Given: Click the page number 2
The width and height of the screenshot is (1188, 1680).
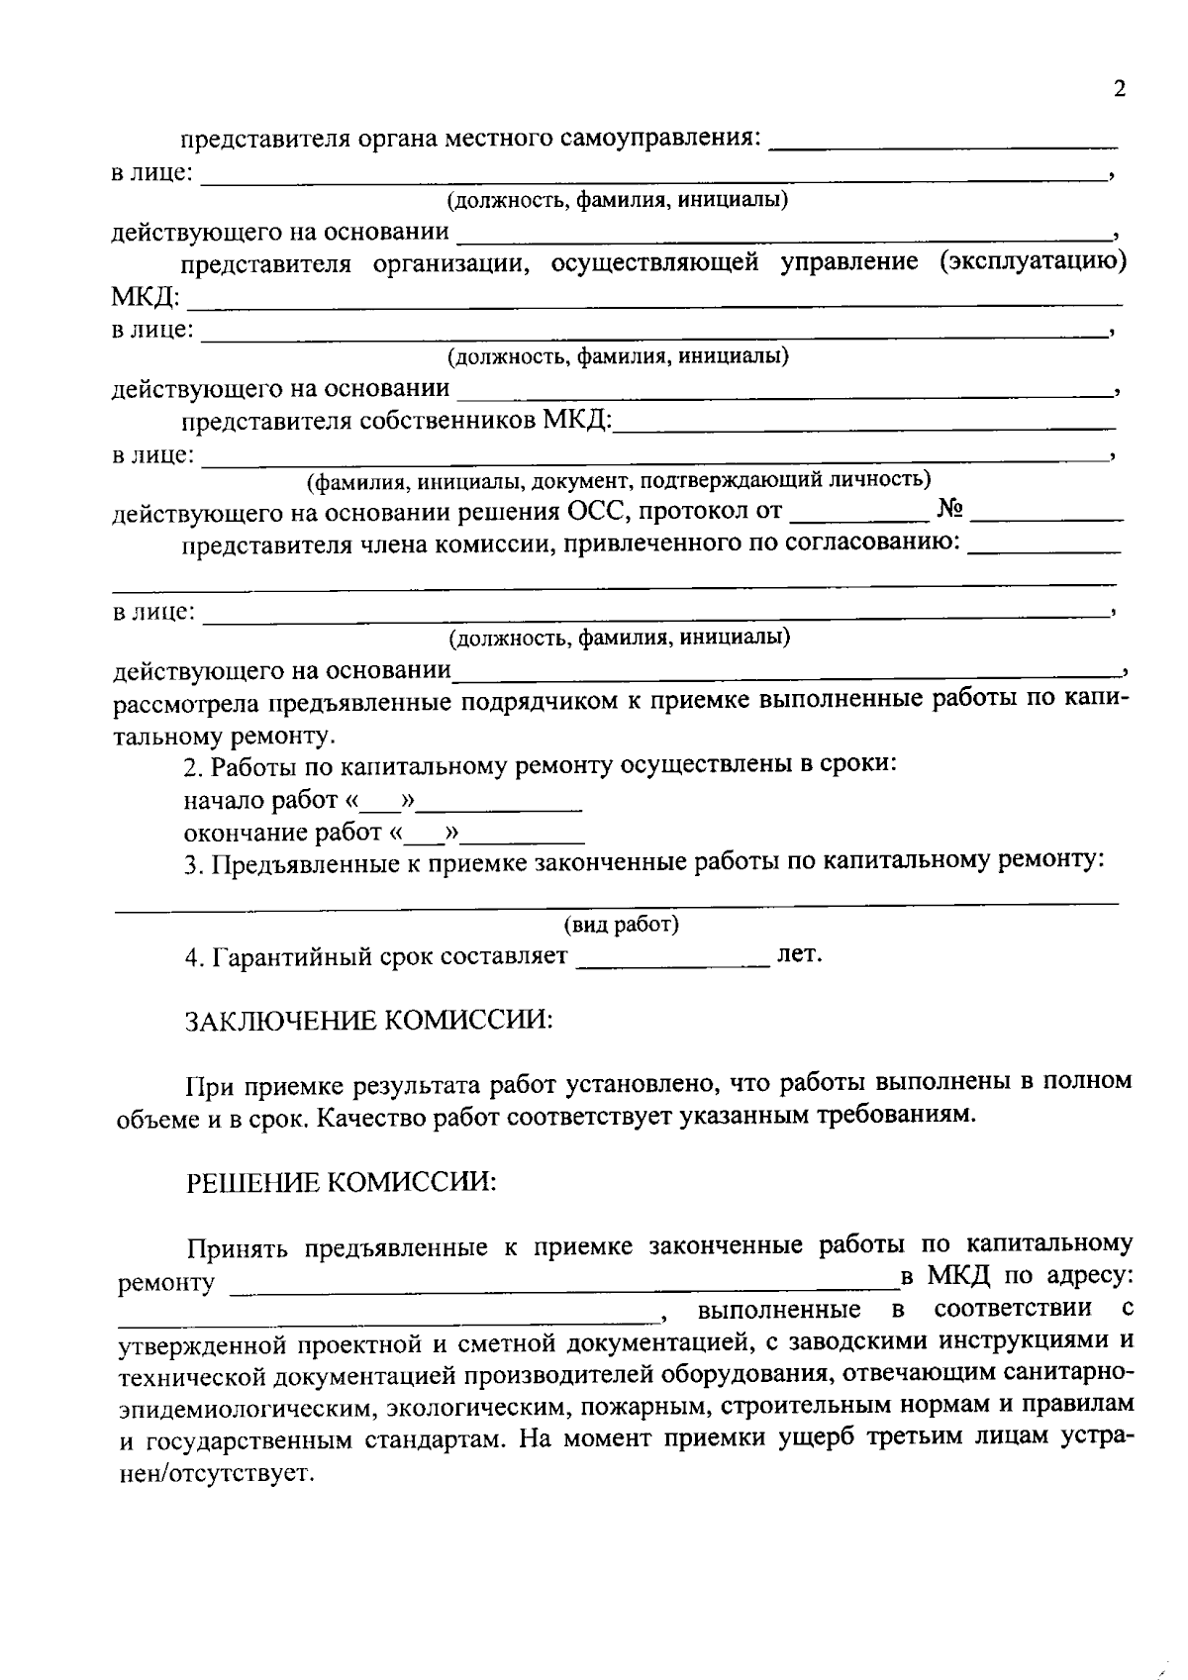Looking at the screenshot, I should coord(1120,89).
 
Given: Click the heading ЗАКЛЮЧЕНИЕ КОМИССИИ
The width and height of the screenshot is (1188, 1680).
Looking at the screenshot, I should coord(369,1021).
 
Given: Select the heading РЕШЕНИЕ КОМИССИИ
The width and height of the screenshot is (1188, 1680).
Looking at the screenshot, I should coord(342,1182).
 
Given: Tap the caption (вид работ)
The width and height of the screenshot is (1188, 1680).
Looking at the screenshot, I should coord(622,925).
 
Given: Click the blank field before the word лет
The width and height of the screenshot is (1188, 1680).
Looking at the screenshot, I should coord(672,958).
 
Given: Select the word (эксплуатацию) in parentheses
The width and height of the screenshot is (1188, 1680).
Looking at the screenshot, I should coord(1033,262).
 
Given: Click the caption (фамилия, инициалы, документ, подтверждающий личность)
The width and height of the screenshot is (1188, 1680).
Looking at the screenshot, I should coord(619,481).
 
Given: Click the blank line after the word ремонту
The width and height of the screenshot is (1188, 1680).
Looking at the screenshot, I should coord(564,1285).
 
